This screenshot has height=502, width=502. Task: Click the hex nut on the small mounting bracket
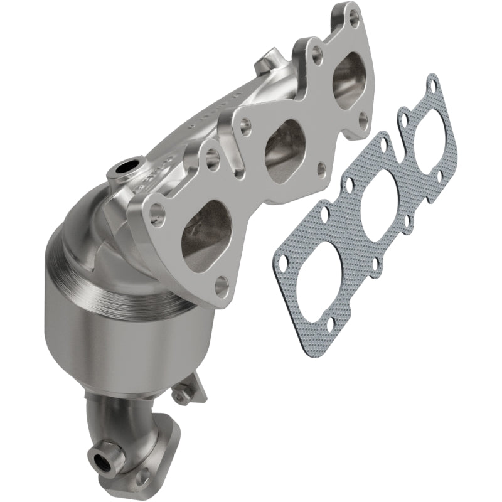[181, 397]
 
